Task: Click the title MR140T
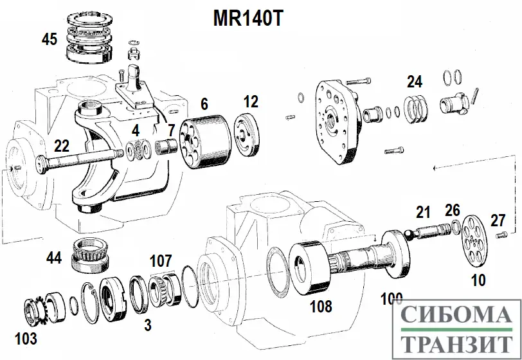(248, 17)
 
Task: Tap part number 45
(50, 39)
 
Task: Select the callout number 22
(62, 146)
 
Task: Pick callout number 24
(415, 82)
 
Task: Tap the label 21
(422, 213)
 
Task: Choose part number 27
(498, 220)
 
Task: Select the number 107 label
(161, 261)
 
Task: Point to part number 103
(26, 338)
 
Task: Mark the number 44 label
(55, 258)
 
